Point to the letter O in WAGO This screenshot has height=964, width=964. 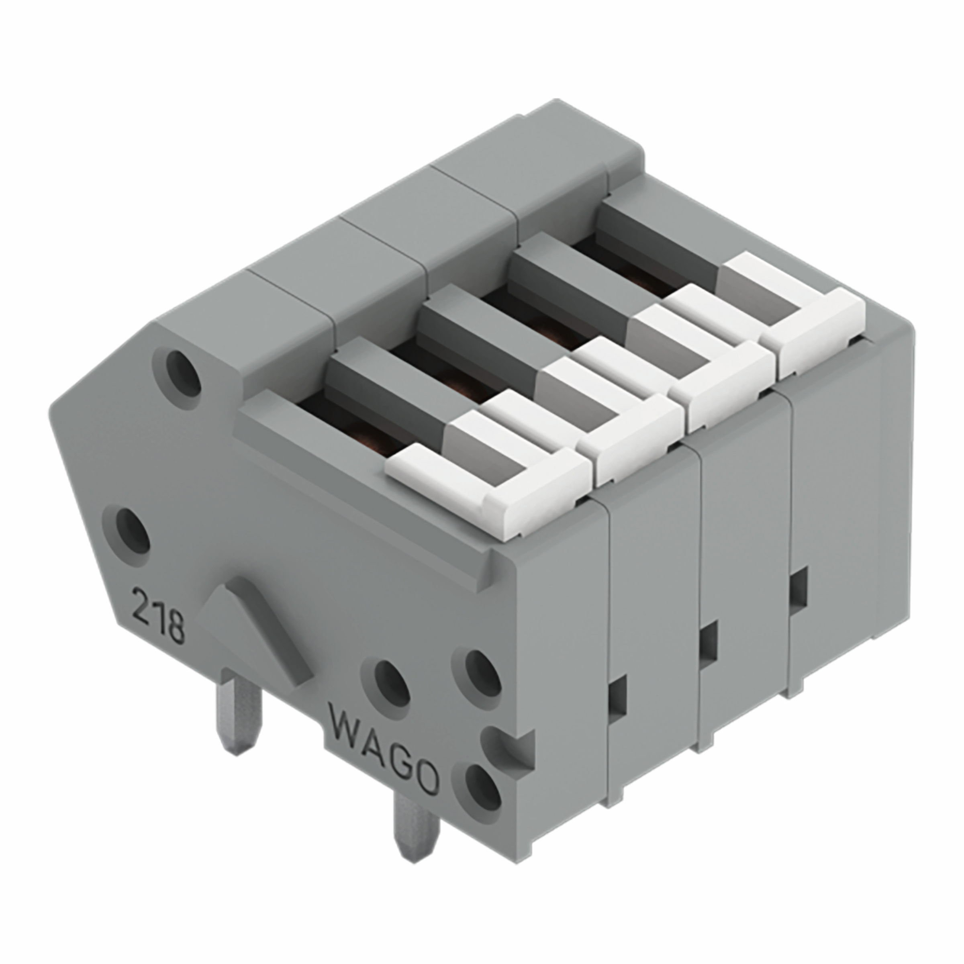[x=424, y=778]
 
